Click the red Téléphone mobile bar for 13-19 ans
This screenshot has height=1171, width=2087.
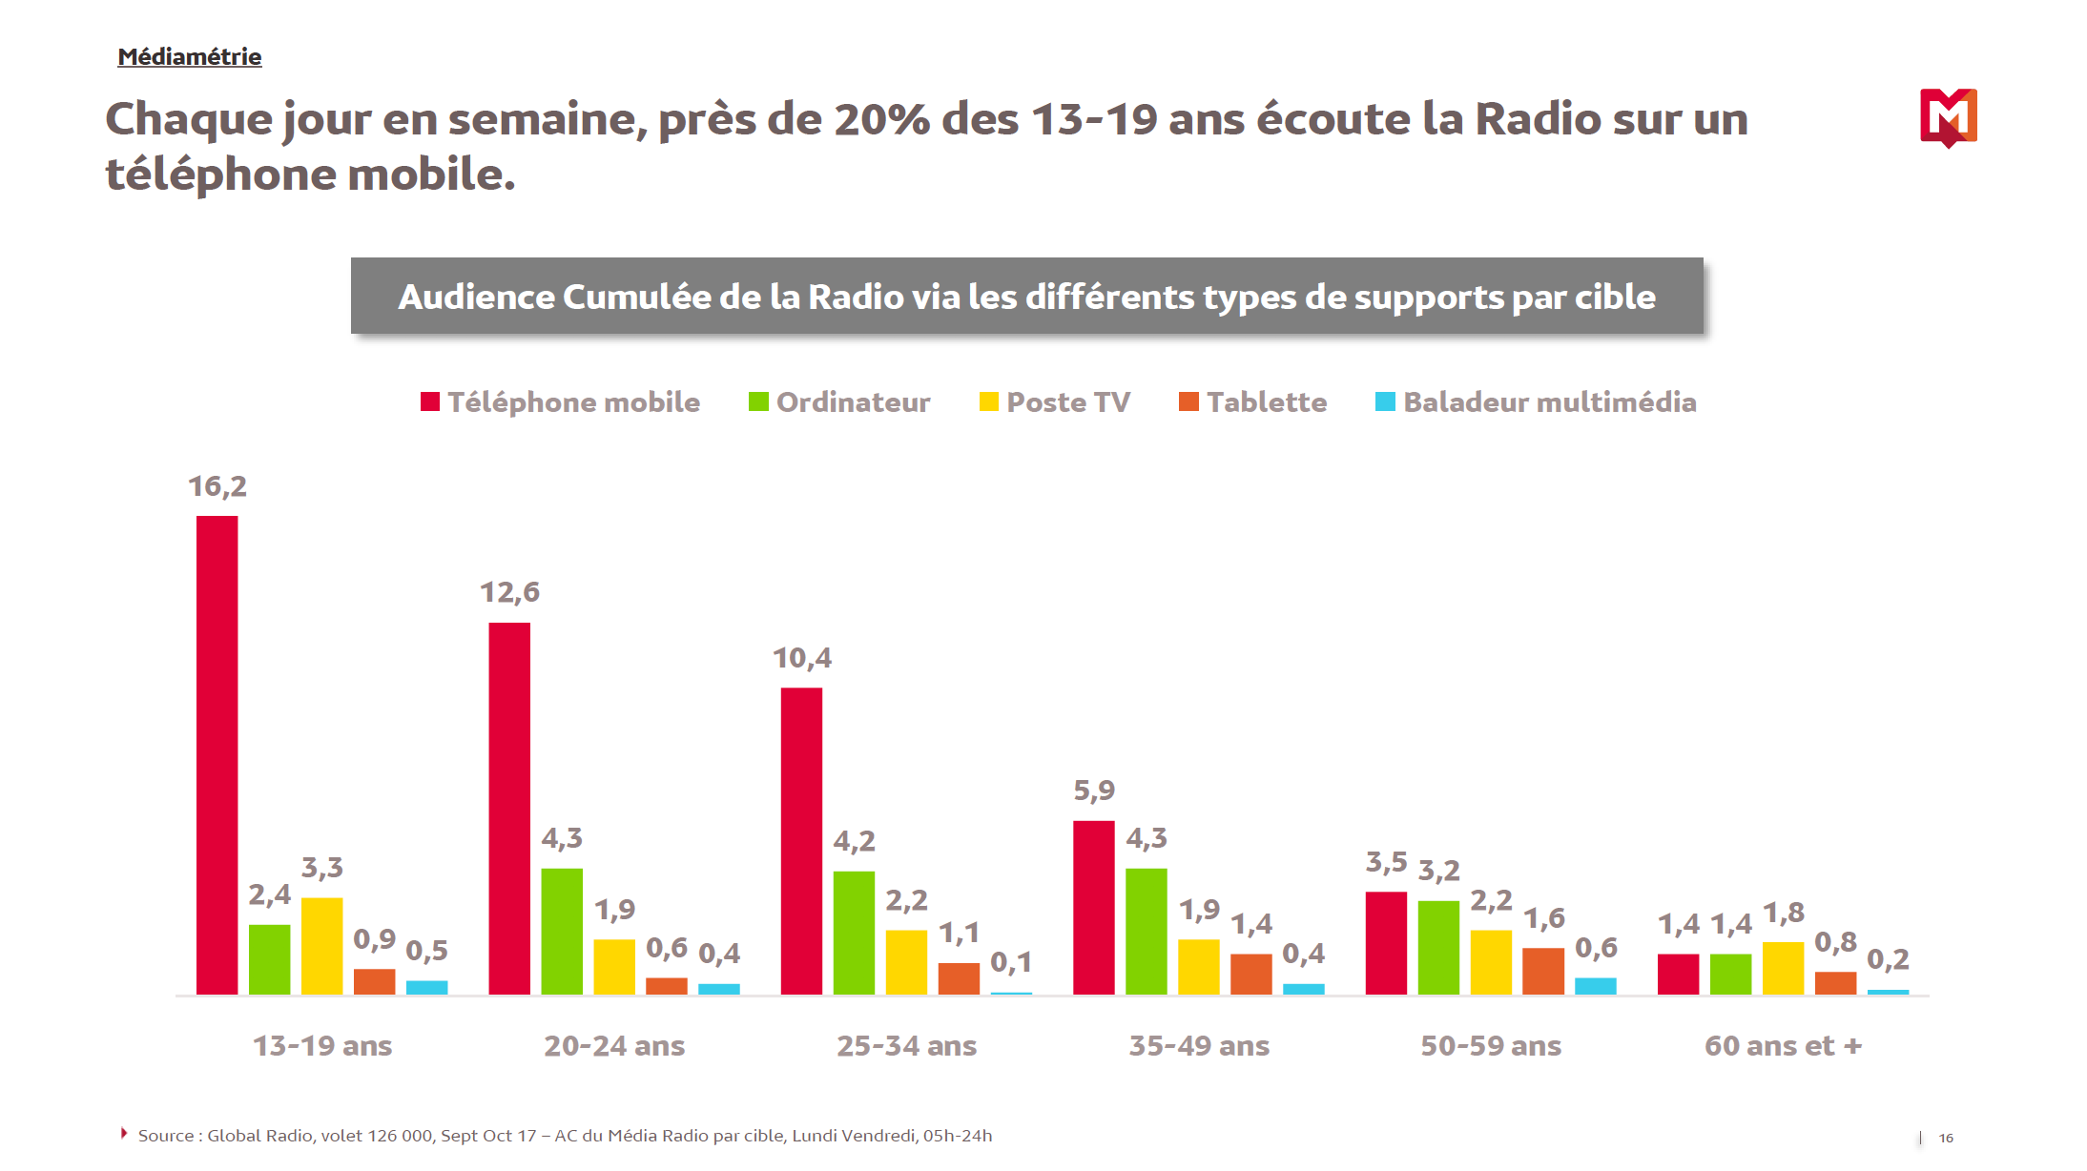[217, 754]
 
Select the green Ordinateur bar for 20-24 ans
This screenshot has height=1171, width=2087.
[562, 931]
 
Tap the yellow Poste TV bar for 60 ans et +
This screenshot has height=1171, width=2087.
[1783, 968]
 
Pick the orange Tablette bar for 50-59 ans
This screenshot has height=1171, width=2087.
[1542, 971]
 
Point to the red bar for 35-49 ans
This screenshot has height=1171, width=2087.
[1093, 907]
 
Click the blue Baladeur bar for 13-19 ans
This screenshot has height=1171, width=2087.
[426, 988]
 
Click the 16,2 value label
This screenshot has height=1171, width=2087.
[217, 486]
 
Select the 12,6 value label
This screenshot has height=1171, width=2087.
[509, 592]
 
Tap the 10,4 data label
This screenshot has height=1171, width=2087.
[801, 658]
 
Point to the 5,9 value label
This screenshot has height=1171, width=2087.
[1093, 791]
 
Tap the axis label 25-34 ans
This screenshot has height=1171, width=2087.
[906, 1046]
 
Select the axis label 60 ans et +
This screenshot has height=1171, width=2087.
[1783, 1046]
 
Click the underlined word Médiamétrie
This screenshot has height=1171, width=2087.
[190, 57]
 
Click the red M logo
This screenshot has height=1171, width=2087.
[1948, 117]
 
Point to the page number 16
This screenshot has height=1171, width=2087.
[1946, 1138]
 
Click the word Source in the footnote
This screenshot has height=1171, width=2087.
[166, 1136]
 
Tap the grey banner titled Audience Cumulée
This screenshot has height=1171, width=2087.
[1026, 297]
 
